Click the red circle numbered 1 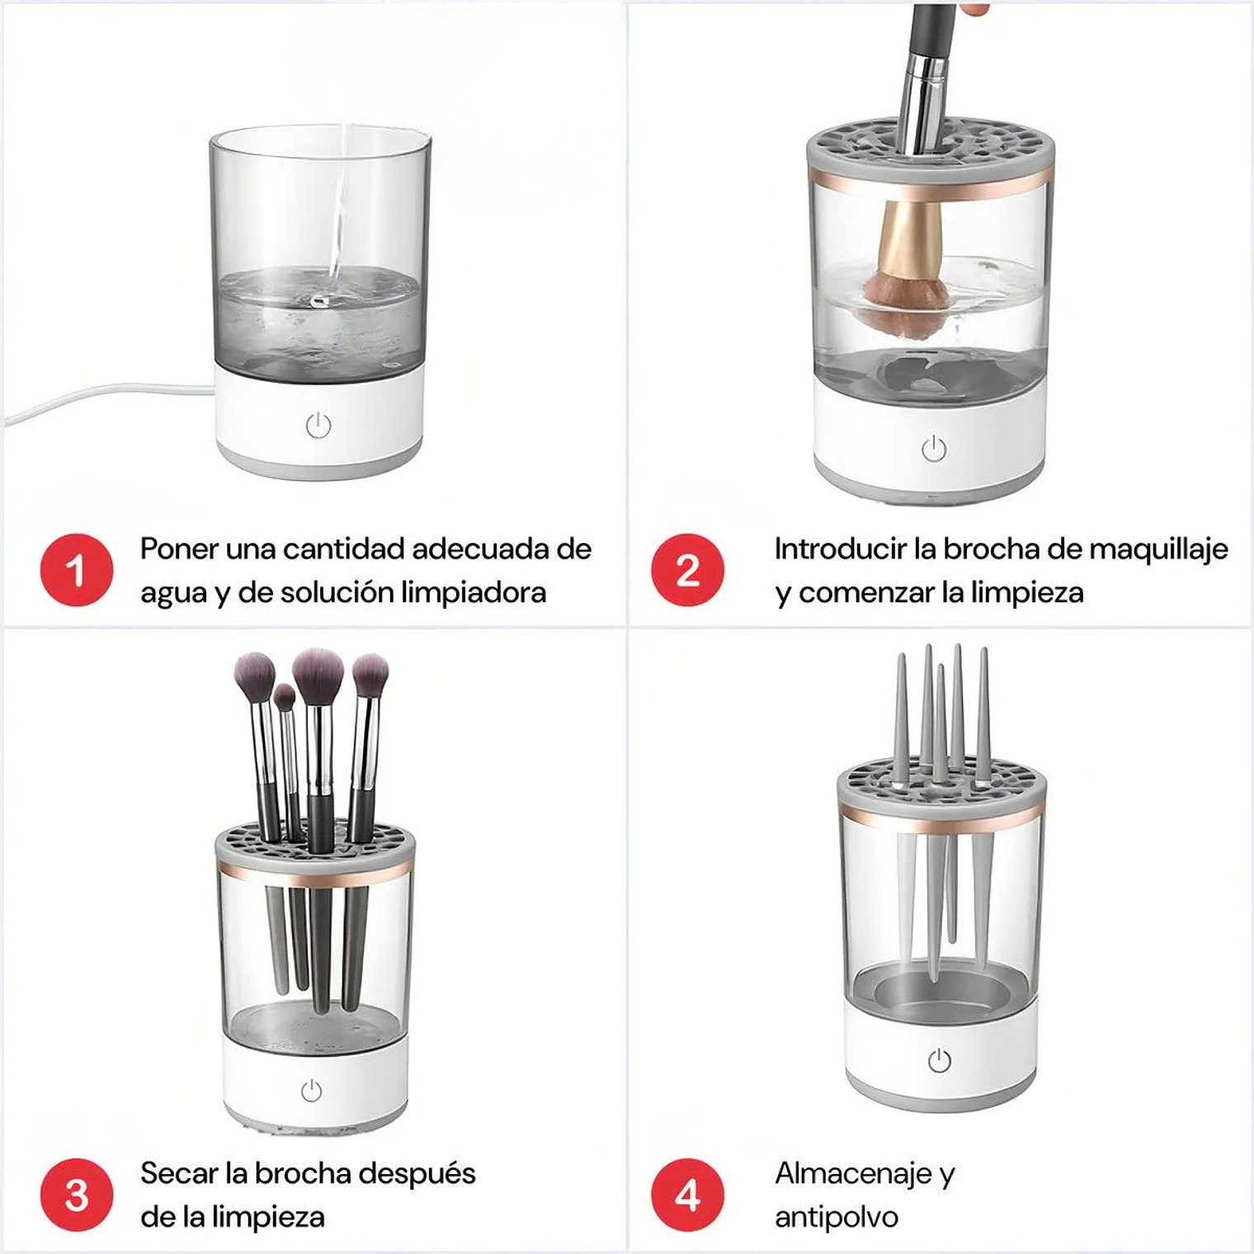pos(76,570)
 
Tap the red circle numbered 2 pos(687,570)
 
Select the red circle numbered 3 pos(76,1195)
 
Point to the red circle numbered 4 pos(687,1195)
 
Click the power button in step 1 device pos(318,426)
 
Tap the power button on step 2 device pos(934,450)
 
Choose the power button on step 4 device pos(939,1061)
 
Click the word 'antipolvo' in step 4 pos(836,1217)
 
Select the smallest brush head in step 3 pos(285,698)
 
